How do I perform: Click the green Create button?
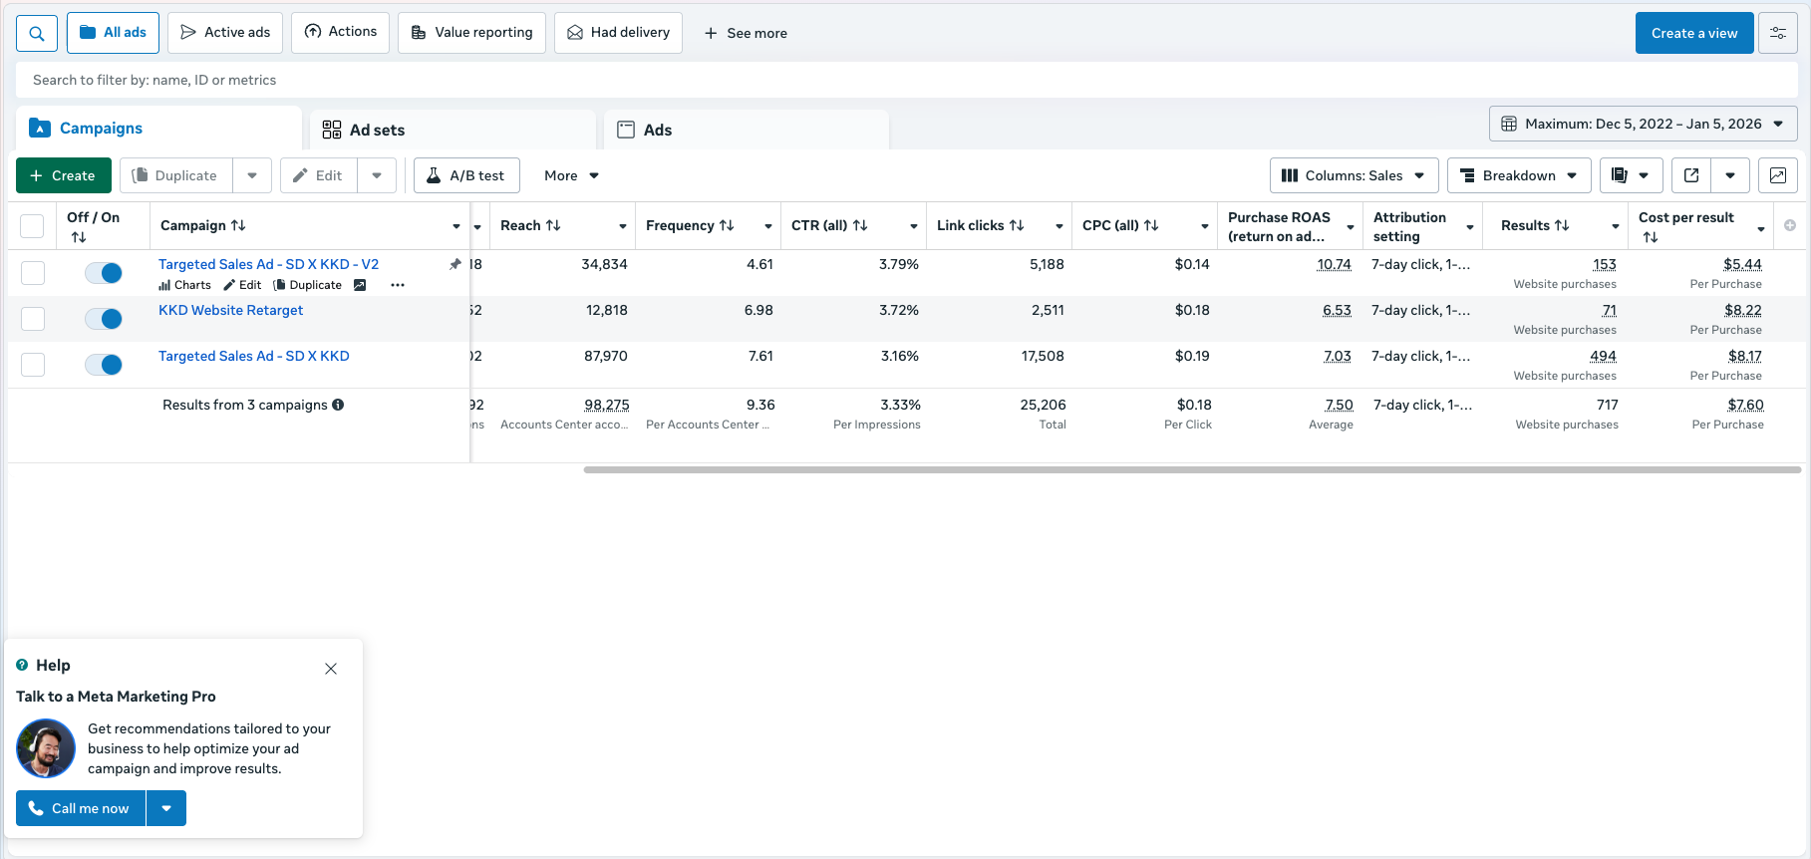tap(63, 175)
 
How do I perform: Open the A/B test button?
tap(465, 175)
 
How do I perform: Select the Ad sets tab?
tap(376, 130)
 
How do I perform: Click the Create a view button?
tap(1693, 33)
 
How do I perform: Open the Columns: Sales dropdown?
tap(1353, 175)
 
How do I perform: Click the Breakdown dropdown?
tap(1518, 175)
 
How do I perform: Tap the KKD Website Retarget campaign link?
tap(230, 310)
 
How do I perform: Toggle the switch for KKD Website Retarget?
tap(104, 319)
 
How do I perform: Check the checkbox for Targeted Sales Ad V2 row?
tap(33, 273)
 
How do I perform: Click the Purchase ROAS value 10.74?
tap(1334, 264)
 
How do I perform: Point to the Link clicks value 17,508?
tap(1043, 356)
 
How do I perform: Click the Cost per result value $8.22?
tap(1742, 310)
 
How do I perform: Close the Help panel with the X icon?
tap(331, 669)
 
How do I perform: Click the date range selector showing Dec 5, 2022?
tap(1643, 124)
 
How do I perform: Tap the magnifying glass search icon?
tap(37, 33)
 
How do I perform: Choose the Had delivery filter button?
tap(618, 33)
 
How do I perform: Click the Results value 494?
tap(1603, 356)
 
